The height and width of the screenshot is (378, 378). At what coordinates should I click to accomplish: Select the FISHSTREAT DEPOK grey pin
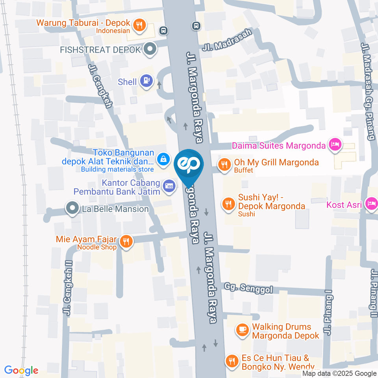[x=150, y=50]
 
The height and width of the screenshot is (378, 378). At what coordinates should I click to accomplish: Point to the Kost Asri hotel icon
[x=371, y=204]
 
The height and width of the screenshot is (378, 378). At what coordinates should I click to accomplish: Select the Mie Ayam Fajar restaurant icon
[x=126, y=241]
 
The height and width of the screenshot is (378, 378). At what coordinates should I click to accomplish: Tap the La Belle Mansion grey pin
[x=72, y=208]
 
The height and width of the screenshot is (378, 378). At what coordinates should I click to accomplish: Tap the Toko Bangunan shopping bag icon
[x=162, y=159]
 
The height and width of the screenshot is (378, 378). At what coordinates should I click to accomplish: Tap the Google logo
[x=21, y=370]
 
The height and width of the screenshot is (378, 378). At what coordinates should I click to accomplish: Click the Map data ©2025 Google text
[x=339, y=373]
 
